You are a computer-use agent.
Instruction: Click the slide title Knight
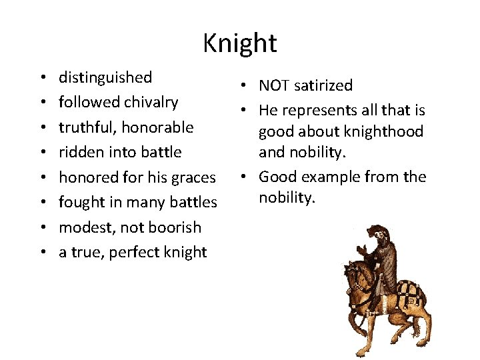(x=240, y=43)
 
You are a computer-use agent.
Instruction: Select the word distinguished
(x=105, y=77)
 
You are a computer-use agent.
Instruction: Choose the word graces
(x=193, y=177)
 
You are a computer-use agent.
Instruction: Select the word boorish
(x=173, y=227)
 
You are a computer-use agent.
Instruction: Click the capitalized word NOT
(x=273, y=85)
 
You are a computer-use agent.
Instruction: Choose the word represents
(x=317, y=110)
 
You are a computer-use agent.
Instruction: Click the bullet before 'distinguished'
(x=43, y=78)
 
